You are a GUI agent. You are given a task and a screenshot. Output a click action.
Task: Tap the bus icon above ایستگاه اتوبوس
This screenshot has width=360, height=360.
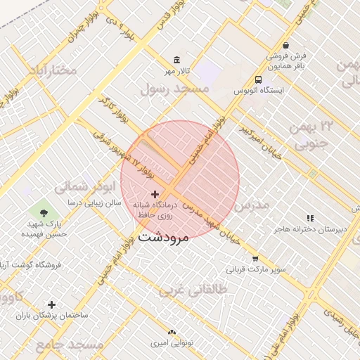click(259, 79)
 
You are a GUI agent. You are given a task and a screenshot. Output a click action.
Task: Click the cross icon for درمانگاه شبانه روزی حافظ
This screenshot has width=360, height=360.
click(155, 193)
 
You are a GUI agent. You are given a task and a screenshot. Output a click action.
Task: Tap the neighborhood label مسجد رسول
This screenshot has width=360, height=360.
click(174, 89)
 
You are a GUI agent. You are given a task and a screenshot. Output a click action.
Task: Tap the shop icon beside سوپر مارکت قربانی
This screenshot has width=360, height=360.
click(255, 258)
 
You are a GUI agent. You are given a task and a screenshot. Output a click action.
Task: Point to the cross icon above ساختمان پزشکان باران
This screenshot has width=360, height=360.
click(51, 304)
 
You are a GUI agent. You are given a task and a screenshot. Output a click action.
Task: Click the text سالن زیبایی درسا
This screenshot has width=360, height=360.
click(94, 202)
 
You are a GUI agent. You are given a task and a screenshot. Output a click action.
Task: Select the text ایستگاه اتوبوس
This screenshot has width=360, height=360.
click(259, 91)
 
